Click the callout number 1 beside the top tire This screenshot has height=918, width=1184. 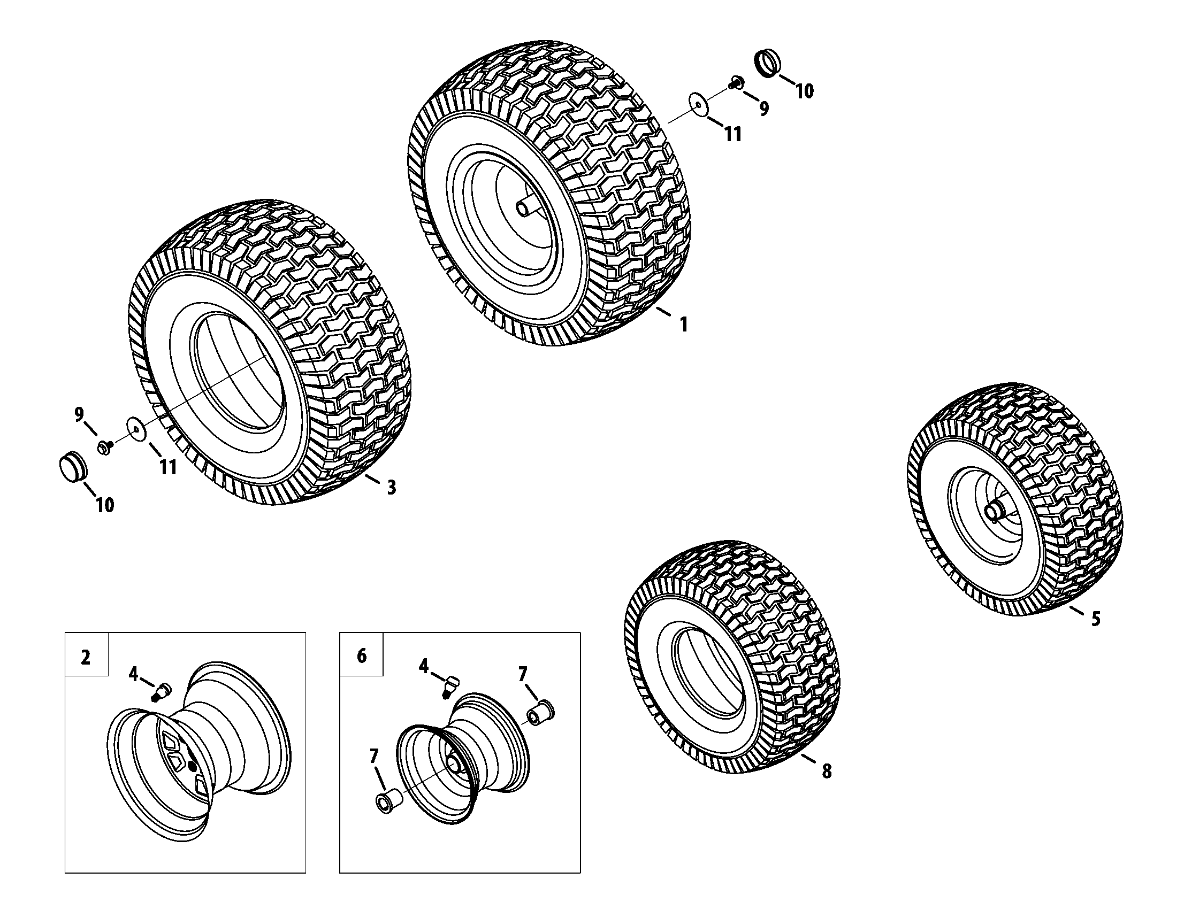[x=684, y=325]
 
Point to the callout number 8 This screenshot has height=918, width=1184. [x=826, y=770]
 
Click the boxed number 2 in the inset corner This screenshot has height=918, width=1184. [x=86, y=658]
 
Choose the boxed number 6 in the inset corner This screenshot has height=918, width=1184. [x=362, y=656]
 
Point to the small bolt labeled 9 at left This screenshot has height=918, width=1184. [x=104, y=447]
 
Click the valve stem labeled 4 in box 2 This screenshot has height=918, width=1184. [x=163, y=692]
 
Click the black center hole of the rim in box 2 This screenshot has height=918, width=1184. [x=192, y=766]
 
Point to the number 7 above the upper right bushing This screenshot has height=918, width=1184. [x=522, y=674]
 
